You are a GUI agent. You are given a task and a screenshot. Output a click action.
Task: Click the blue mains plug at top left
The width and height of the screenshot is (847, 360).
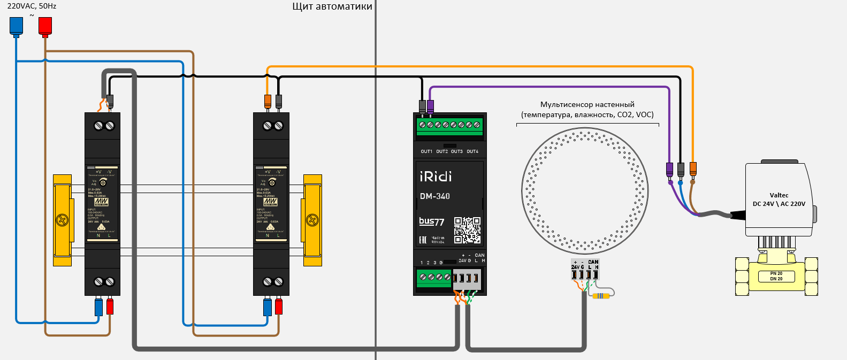coord(17,26)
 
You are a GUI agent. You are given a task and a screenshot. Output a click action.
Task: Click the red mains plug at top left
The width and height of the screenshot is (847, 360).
coord(45,26)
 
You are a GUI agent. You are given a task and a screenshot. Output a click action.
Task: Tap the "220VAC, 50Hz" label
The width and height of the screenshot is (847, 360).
coord(32,6)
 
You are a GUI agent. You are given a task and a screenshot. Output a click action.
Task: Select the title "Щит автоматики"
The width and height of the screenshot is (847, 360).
coord(332,6)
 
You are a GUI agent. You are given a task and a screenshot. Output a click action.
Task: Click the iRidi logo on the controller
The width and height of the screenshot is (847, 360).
coord(436,177)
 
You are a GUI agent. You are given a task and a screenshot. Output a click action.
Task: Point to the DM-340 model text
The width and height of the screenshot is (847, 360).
coord(434,196)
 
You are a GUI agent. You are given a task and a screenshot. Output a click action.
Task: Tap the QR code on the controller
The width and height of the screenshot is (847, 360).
coord(467,230)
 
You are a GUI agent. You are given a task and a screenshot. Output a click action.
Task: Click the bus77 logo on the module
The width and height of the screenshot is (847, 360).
coord(431,221)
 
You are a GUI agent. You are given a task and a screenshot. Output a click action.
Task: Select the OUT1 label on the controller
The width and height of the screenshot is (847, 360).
coord(426,151)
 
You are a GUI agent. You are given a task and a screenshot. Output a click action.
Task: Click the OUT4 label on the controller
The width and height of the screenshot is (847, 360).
coord(472,151)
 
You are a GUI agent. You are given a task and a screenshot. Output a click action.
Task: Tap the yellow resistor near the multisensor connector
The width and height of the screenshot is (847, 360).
coord(601,296)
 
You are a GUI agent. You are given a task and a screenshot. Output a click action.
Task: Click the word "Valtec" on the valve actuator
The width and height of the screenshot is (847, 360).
coord(779,195)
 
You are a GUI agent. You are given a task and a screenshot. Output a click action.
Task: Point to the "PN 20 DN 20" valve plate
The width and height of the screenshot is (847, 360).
coord(776,276)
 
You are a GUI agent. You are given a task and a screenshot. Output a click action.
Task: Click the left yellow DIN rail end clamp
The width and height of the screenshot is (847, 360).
coord(62,220)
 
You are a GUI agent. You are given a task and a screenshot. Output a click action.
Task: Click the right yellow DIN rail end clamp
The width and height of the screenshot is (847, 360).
coord(312,220)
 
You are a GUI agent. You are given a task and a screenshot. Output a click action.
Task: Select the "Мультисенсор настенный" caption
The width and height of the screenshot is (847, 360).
coord(587,104)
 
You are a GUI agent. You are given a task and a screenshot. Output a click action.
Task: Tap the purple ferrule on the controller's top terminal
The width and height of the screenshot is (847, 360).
coord(430,106)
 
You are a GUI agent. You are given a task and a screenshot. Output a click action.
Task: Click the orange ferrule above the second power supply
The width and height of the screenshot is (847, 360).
coord(268,101)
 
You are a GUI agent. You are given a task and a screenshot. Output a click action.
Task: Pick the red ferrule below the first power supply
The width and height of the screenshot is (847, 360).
coord(110,307)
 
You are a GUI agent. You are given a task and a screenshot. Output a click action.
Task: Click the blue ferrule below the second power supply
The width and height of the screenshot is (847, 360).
coord(268,307)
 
